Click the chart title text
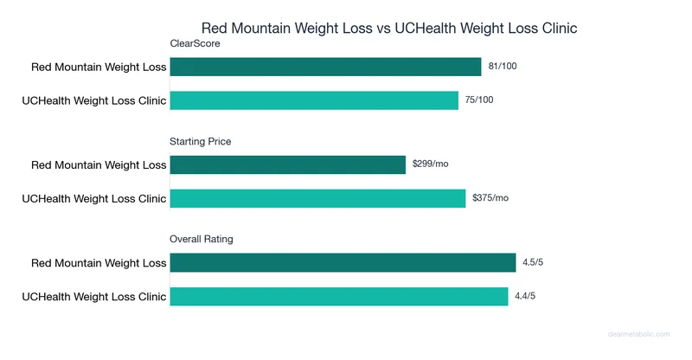tap(389, 29)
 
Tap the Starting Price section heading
tap(201, 141)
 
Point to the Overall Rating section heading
tap(202, 239)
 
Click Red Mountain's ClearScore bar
tap(325, 67)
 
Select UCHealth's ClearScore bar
tap(314, 100)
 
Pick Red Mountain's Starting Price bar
tap(287, 164)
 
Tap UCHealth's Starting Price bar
tap(317, 198)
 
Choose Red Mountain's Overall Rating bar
tap(343, 262)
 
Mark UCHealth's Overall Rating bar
tap(338, 296)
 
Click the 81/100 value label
tap(503, 67)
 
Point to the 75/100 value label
tap(480, 100)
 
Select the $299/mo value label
tap(430, 164)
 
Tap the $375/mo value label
tap(490, 198)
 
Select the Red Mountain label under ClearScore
tap(98, 67)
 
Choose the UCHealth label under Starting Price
tap(93, 198)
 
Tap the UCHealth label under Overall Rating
tap(93, 296)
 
